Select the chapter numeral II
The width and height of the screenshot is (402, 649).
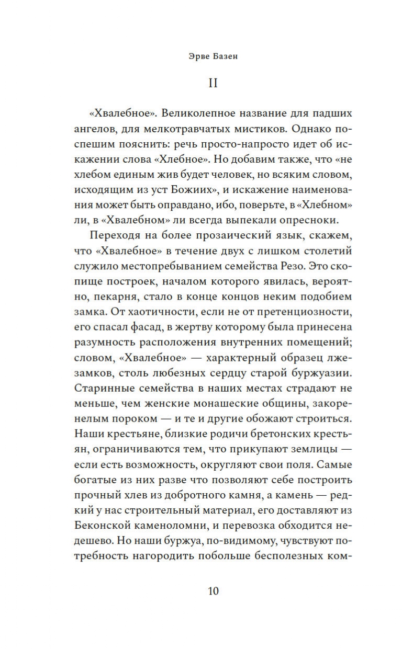[x=213, y=84]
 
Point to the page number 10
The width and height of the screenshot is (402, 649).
[x=213, y=591]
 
